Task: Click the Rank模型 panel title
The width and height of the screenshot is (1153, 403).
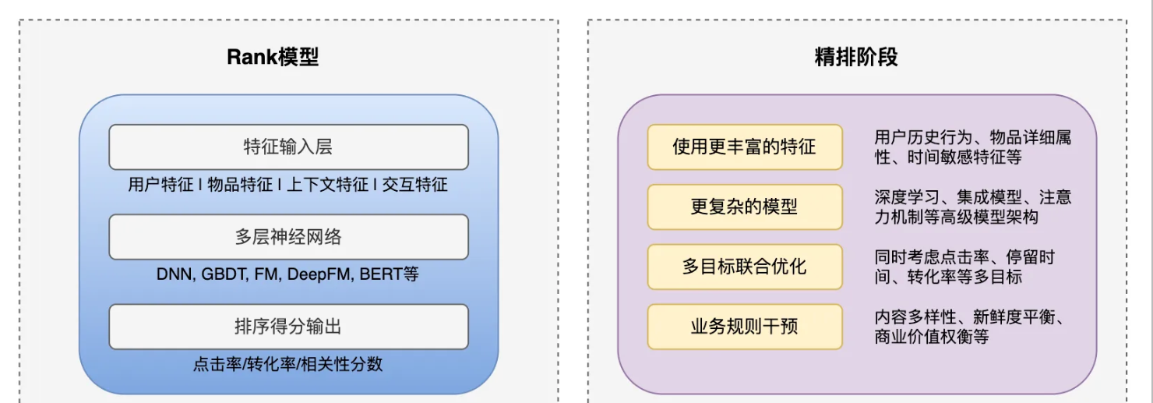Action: coord(273,57)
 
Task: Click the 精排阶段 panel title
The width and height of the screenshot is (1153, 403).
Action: coord(856,57)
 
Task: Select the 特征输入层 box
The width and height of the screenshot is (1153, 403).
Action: coord(288,147)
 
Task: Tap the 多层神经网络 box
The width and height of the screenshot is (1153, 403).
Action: coord(288,237)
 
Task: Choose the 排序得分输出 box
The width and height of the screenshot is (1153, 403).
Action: coord(288,327)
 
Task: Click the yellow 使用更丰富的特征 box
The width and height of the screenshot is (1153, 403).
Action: coord(744,147)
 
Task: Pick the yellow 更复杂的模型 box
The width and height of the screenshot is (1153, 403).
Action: coord(744,207)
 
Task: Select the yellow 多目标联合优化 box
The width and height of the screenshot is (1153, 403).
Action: coord(744,267)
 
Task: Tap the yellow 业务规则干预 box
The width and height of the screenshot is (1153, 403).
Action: coord(744,327)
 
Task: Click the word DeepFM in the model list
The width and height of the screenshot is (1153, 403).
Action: coord(321,274)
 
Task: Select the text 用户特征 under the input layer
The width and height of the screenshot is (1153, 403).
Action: coord(160,185)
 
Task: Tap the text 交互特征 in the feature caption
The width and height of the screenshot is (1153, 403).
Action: coord(415,185)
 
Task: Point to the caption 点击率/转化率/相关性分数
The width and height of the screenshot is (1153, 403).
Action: coord(288,364)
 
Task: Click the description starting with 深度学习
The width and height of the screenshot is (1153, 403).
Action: coord(972,207)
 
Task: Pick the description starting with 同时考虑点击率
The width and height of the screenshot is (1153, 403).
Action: coord(964,267)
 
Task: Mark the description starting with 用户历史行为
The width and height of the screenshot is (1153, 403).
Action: coord(972,147)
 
